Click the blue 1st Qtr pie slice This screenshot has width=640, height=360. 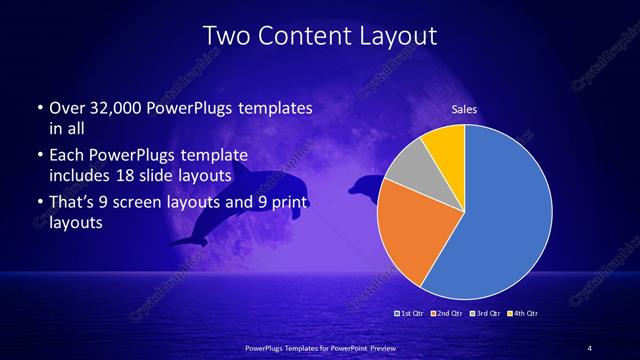coord(505,215)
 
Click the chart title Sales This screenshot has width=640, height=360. coord(465,109)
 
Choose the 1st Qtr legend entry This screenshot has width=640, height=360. coord(409,314)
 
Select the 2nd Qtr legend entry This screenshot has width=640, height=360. coord(446,314)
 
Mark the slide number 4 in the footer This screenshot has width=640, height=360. coord(590,347)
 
